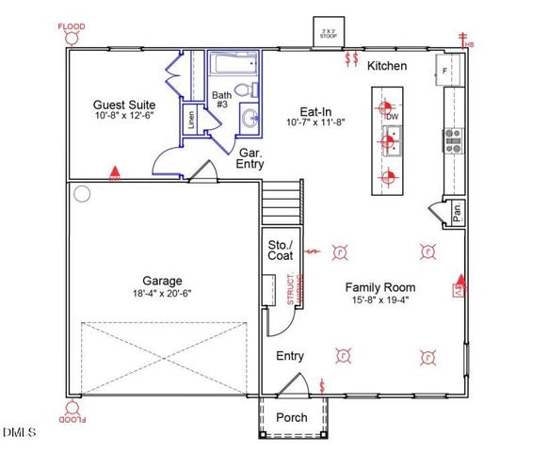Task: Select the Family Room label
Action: [379, 287]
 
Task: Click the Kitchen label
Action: [387, 66]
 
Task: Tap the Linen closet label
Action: [192, 120]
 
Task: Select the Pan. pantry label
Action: [457, 214]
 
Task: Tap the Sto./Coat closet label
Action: [281, 250]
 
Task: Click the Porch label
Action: [291, 417]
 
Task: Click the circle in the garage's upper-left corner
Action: [82, 194]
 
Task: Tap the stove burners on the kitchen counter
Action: [452, 140]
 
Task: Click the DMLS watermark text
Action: [19, 432]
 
